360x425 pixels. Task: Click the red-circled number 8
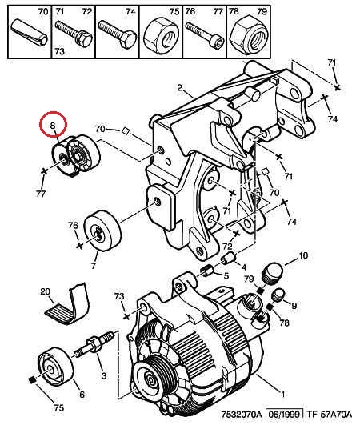coord(53,126)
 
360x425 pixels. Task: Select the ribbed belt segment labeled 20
coord(68,304)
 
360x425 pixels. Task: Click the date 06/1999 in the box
coord(284,414)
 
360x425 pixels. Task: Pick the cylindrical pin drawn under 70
coord(30,32)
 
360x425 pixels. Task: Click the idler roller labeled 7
coord(102,231)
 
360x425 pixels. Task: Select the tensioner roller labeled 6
coord(56,366)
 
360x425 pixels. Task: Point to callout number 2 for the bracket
coord(180,87)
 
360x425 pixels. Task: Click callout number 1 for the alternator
coord(282,393)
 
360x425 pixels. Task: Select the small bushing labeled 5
coord(206,271)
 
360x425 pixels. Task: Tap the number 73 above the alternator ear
coord(119,295)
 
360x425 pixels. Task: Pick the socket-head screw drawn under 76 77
coord(205,34)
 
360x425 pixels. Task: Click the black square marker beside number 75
coord(32,380)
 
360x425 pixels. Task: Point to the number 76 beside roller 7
coord(73,225)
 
